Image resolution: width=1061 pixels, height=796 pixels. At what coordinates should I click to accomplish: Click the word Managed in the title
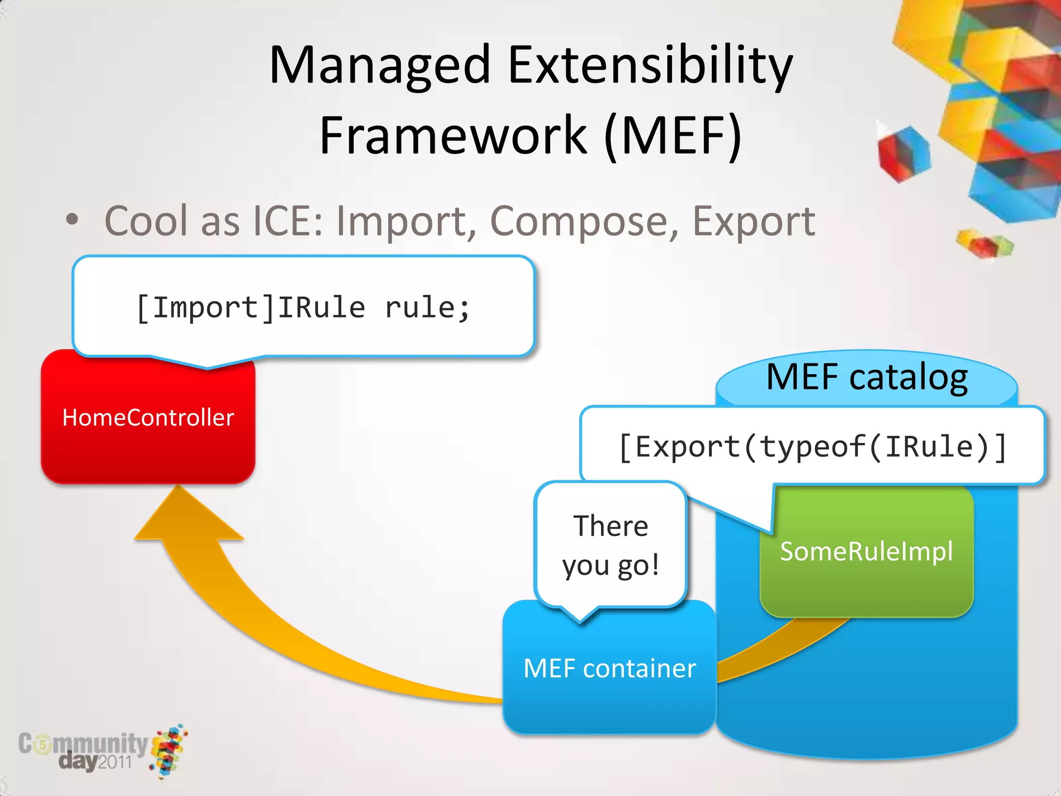[380, 66]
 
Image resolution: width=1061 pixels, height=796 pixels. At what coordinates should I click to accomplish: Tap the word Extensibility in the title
[650, 66]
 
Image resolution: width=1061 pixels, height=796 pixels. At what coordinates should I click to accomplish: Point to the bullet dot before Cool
[72, 220]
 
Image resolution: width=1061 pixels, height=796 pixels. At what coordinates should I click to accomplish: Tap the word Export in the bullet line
[753, 221]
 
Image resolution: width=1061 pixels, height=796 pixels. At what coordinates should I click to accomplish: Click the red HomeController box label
[148, 418]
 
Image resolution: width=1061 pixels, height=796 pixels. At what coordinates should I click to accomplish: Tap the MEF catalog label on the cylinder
[867, 377]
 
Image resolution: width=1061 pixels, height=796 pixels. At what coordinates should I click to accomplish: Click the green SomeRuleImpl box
[866, 551]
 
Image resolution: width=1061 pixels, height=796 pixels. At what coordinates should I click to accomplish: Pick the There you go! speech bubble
[610, 545]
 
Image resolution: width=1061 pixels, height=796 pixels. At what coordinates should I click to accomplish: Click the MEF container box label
[609, 669]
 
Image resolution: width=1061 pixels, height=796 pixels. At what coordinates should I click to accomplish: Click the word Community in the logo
[83, 744]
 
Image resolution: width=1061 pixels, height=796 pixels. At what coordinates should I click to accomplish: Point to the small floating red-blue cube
[904, 154]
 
